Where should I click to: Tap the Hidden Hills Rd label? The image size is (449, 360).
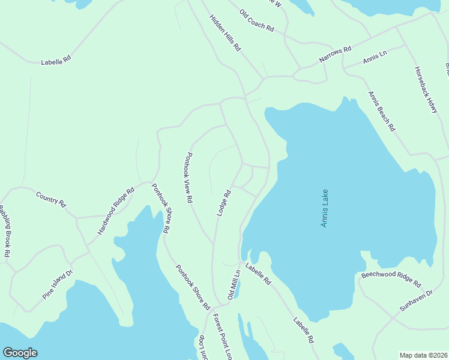(x=225, y=33)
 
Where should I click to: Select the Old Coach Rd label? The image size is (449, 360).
(x=256, y=20)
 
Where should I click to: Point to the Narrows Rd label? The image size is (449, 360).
(x=335, y=56)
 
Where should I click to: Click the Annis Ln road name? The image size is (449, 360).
(x=375, y=58)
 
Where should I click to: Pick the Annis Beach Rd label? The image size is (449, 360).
(x=382, y=111)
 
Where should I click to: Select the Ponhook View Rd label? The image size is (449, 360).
(x=188, y=176)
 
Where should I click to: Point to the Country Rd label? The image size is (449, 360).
(x=50, y=199)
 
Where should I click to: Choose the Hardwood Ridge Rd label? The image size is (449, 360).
(x=116, y=211)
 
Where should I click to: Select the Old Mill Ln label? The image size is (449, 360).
(x=234, y=285)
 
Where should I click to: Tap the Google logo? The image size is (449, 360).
(x=20, y=353)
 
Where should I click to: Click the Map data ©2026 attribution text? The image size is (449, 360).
(x=423, y=355)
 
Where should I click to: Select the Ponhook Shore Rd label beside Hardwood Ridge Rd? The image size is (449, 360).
(x=160, y=208)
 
